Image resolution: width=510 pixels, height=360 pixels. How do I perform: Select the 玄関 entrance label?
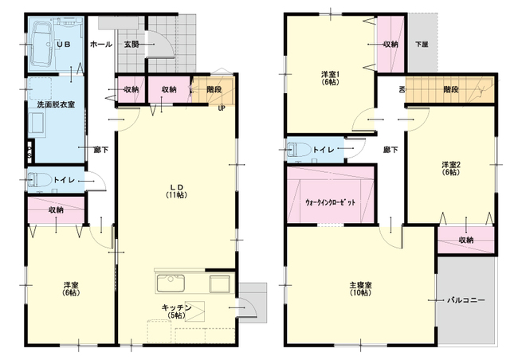pos(132,45)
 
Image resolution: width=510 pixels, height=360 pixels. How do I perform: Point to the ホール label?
pos(101,45)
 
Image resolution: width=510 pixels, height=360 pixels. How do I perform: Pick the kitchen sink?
pos(171,284)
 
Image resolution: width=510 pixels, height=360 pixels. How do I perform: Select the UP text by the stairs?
pos(221,109)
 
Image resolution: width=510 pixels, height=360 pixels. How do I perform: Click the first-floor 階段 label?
pos(214,89)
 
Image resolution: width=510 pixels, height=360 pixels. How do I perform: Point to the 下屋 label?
pos(422,45)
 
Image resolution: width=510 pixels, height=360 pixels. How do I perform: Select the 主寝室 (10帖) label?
pos(359,288)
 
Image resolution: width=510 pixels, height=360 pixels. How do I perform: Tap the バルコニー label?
pos(466,300)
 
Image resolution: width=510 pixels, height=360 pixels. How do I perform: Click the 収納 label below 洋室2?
pos(465,240)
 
